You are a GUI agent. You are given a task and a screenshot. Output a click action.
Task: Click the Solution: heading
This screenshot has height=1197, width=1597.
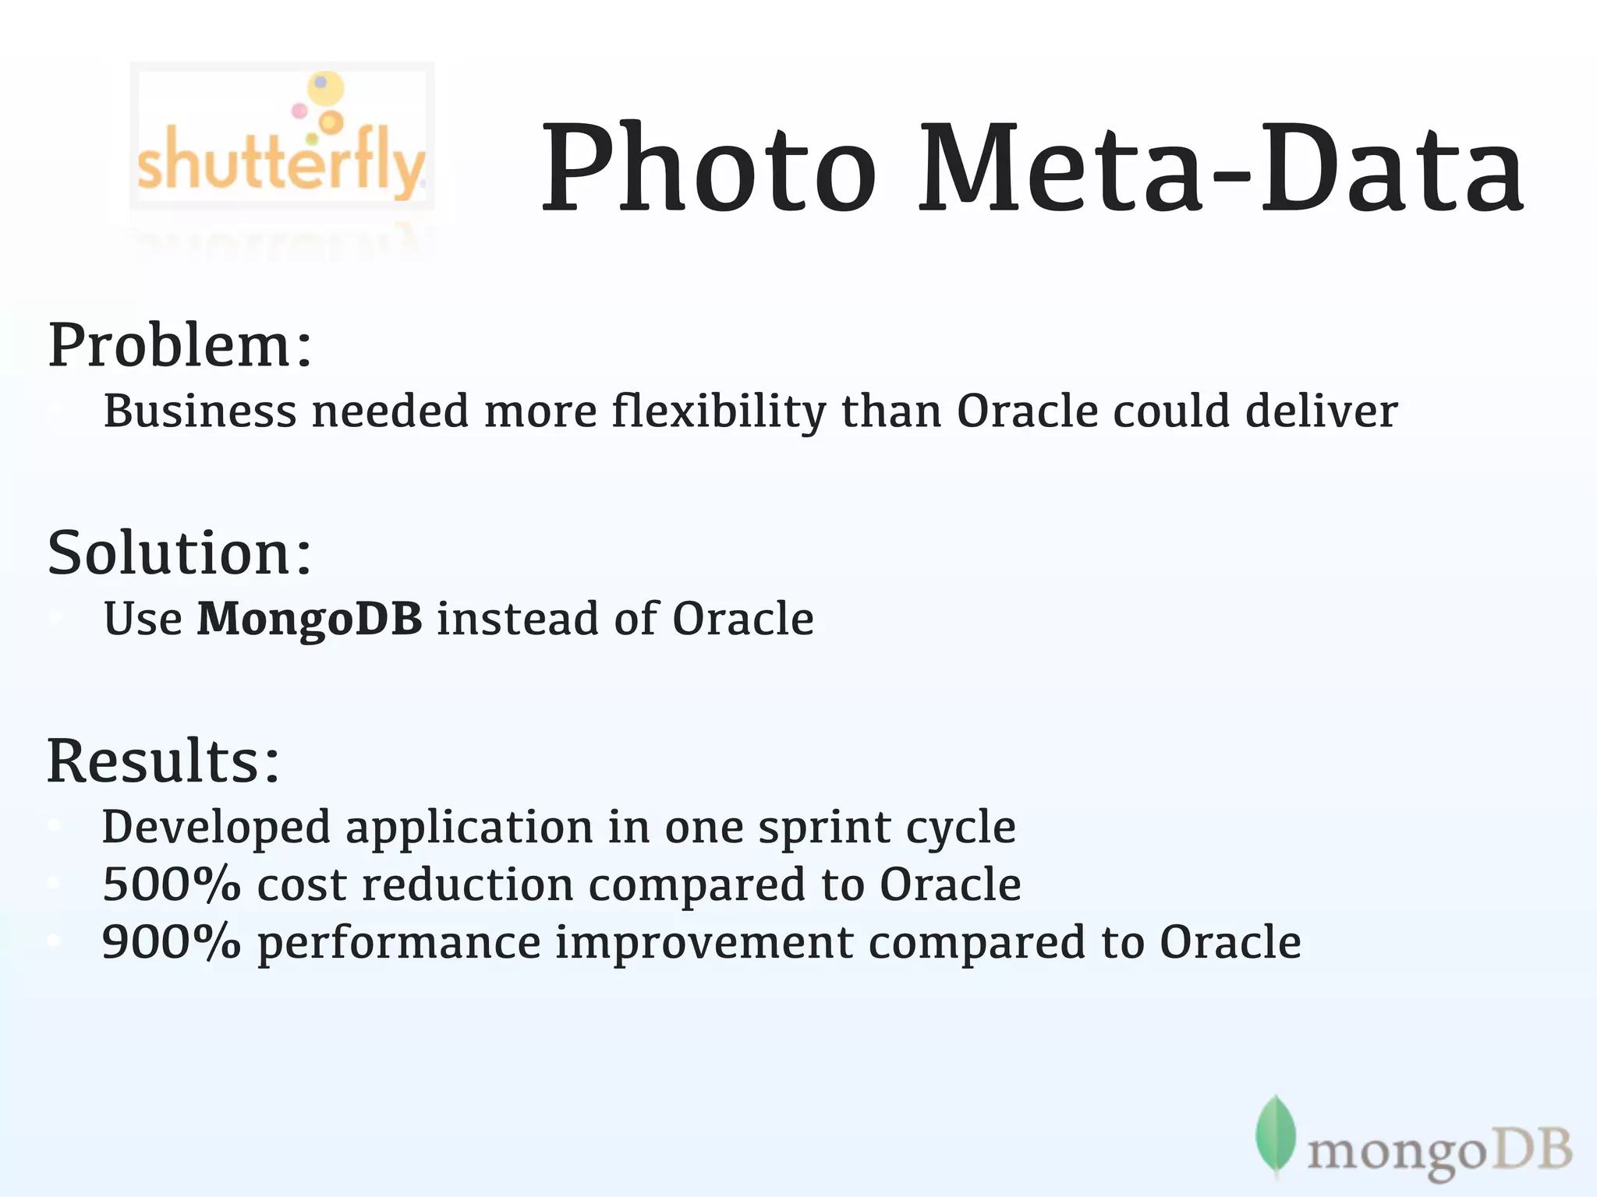click(x=180, y=553)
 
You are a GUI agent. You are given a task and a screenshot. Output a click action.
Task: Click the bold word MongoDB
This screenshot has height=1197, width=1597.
click(x=310, y=619)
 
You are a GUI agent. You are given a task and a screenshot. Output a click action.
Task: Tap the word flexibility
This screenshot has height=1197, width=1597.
click(x=718, y=411)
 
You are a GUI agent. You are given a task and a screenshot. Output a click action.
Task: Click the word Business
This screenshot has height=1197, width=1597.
click(x=200, y=411)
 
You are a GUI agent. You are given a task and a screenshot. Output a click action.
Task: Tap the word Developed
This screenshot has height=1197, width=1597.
click(x=216, y=828)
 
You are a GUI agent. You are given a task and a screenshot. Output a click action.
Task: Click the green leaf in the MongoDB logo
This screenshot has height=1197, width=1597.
click(x=1276, y=1135)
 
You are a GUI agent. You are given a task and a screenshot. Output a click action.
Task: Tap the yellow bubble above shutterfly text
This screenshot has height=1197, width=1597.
click(x=325, y=88)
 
